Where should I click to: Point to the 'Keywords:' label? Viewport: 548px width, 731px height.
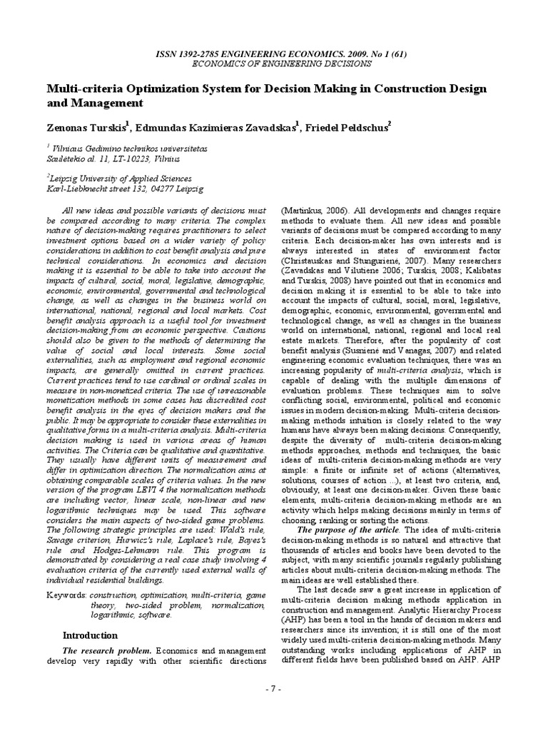(x=69, y=594)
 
